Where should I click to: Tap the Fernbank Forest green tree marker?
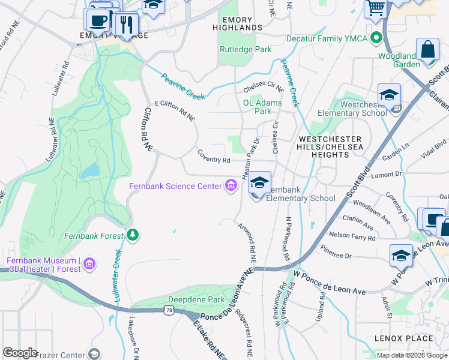point(133,235)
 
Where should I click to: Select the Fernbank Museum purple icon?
point(89,264)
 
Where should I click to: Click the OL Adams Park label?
point(262,107)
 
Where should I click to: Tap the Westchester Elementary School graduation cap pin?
point(389,96)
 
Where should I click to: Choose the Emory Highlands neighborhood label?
point(233,24)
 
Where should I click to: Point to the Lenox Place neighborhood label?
point(403,338)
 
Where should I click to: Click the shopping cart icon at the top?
point(376,8)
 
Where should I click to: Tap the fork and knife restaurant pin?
point(125,25)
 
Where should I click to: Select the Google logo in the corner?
point(20,353)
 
